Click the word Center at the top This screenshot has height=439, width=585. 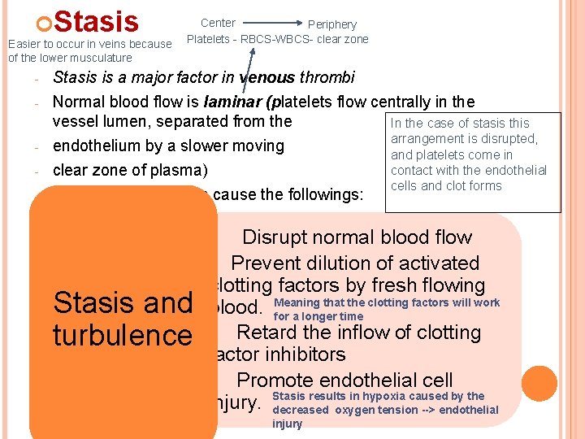tap(218, 23)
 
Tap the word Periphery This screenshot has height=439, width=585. tap(331, 24)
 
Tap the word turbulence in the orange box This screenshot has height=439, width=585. tap(122, 335)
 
